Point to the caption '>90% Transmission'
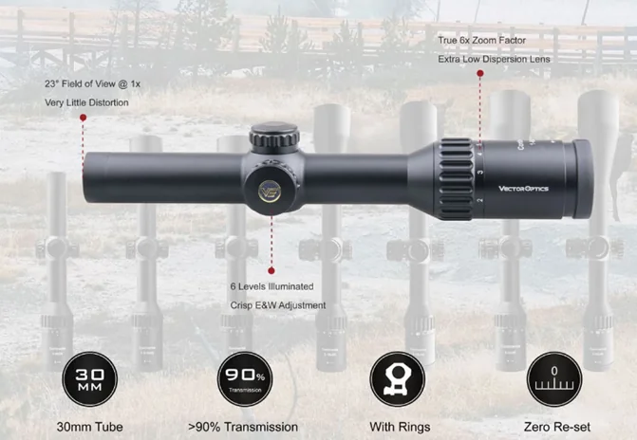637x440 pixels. click(x=243, y=427)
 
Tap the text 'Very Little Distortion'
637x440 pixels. click(x=85, y=102)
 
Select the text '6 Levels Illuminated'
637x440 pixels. click(x=271, y=285)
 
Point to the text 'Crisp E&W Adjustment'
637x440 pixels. click(x=277, y=304)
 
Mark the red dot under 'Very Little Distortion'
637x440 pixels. click(x=83, y=118)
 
